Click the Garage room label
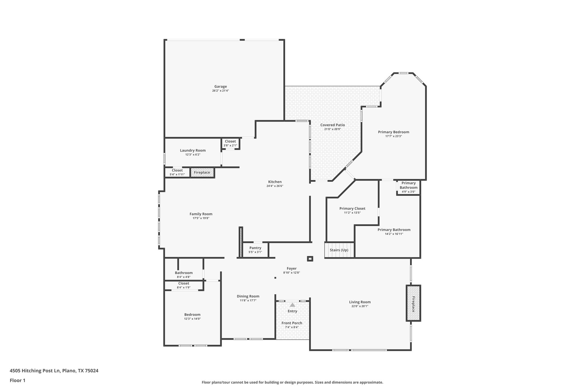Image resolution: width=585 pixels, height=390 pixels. click(x=221, y=87)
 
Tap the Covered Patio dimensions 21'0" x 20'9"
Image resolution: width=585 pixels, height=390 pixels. click(x=332, y=129)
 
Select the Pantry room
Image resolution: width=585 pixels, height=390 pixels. click(x=255, y=250)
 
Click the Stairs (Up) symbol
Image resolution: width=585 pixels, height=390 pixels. click(x=339, y=250)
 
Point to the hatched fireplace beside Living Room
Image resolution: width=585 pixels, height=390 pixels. click(x=413, y=303)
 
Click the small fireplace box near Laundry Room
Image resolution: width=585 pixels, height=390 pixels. click(x=202, y=173)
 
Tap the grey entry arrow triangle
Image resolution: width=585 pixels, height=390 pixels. click(x=292, y=305)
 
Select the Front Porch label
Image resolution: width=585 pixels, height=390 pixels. click(x=292, y=323)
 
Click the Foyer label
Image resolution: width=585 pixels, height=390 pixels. click(x=292, y=269)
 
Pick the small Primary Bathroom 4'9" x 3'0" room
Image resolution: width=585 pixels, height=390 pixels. click(x=408, y=187)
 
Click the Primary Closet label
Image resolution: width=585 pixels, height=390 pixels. click(x=352, y=209)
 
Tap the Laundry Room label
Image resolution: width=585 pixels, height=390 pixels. click(x=193, y=151)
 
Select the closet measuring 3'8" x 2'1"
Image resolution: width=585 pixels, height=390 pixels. click(x=230, y=143)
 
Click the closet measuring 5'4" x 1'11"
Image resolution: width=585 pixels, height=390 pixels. click(x=177, y=172)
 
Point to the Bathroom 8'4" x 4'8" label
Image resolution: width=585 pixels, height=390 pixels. click(x=184, y=273)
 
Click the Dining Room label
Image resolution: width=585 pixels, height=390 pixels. click(x=248, y=296)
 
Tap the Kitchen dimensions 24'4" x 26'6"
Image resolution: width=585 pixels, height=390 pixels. click(x=275, y=186)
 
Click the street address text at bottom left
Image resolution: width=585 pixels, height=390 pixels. click(x=54, y=371)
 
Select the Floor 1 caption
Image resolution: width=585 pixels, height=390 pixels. click(x=17, y=381)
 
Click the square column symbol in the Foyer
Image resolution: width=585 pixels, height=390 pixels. click(x=310, y=259)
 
